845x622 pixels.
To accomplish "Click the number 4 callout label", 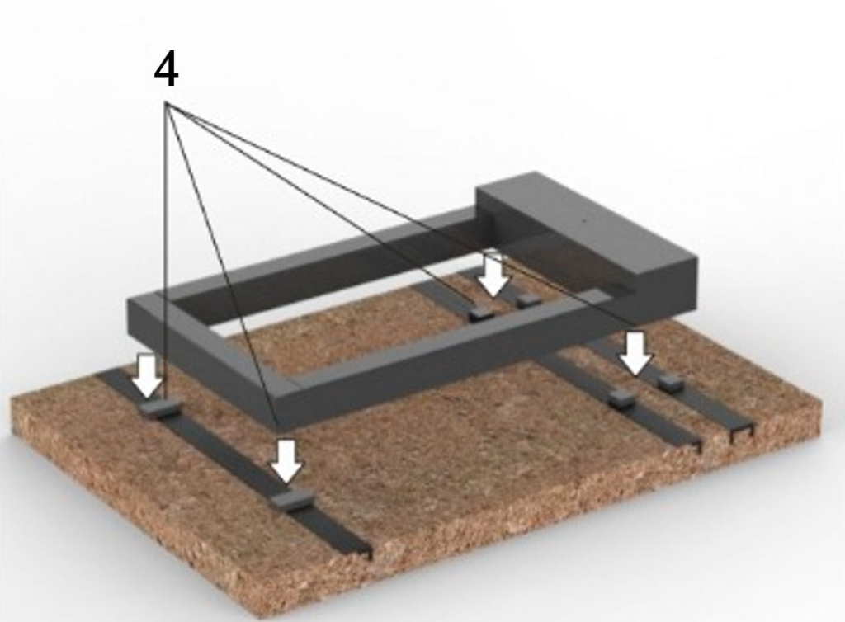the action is [166, 70].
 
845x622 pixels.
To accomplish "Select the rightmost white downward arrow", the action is [636, 353].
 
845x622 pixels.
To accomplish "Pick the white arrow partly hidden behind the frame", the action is [494, 274].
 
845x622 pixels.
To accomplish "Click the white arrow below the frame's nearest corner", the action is [286, 461].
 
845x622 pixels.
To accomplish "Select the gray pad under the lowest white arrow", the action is [291, 500].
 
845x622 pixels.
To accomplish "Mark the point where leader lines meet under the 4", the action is [167, 102].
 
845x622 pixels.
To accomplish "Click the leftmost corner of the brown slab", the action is [12, 399].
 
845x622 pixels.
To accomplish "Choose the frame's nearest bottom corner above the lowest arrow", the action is [279, 431].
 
